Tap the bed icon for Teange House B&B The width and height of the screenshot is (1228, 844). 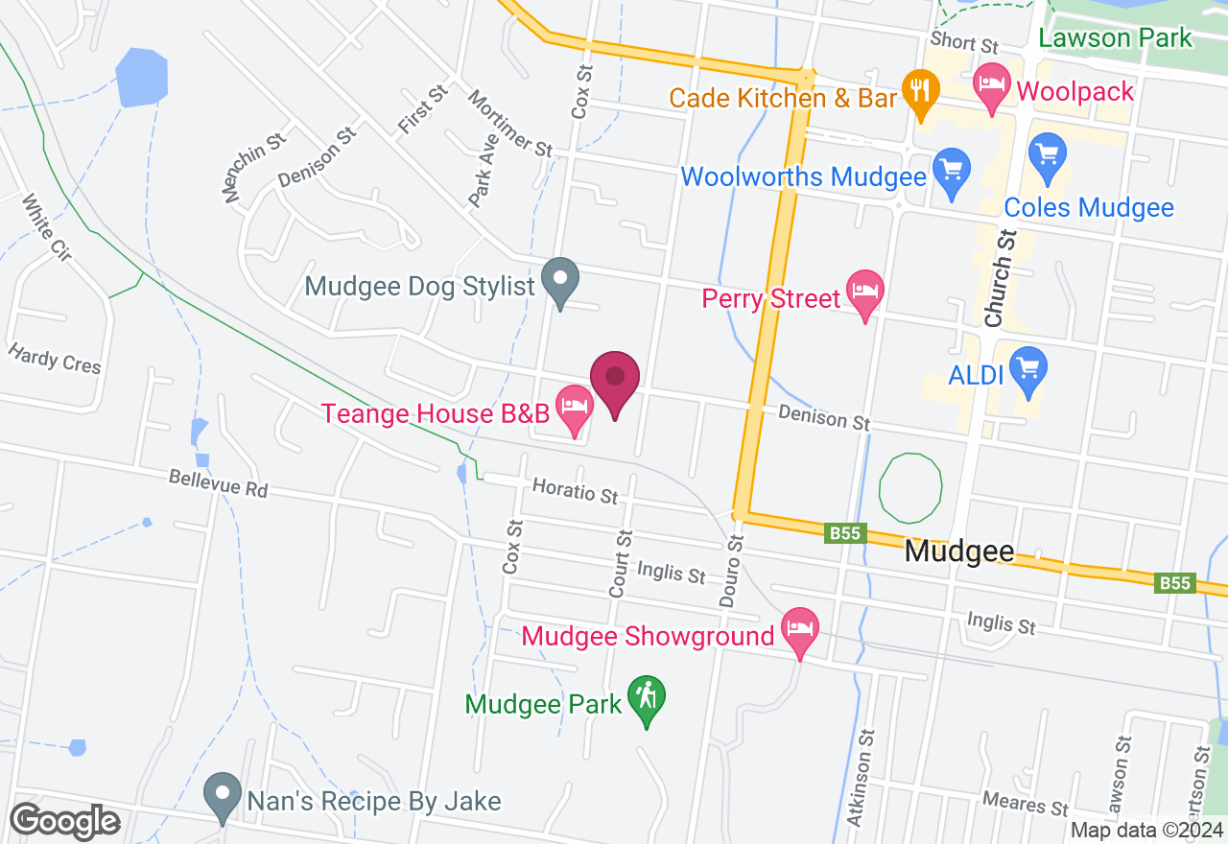[575, 407]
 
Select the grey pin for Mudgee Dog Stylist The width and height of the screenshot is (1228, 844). [560, 281]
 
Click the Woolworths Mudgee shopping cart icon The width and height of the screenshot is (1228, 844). [952, 170]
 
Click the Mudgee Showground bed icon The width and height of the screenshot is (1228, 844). [801, 629]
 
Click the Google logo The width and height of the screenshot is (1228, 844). [65, 821]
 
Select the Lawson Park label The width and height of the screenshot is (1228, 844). [1116, 38]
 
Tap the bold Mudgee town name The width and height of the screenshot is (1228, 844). [959, 551]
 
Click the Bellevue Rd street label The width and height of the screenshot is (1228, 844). [218, 483]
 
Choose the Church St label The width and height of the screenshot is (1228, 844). [1000, 277]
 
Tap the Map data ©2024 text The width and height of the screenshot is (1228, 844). [1146, 831]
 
